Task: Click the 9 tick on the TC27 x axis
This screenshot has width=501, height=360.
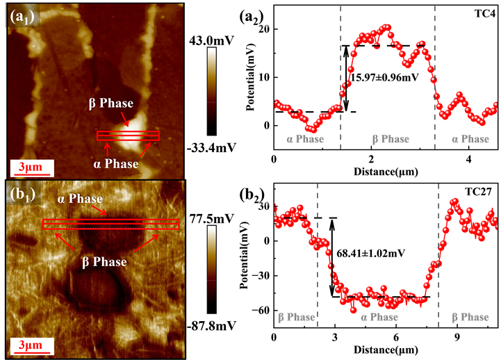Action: click(x=457, y=337)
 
